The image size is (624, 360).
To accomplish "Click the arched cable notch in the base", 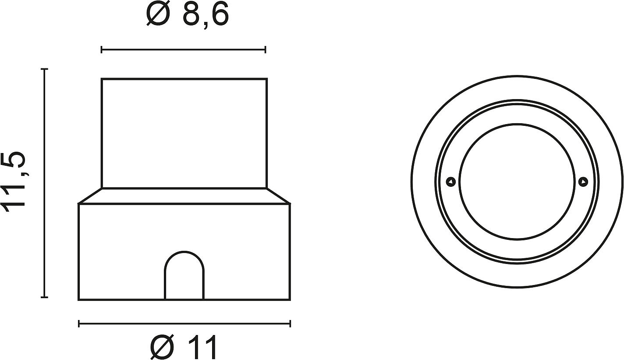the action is click(x=184, y=252).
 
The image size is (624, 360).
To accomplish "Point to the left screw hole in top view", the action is click(x=451, y=182).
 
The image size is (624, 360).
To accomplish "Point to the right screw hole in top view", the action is click(x=583, y=182).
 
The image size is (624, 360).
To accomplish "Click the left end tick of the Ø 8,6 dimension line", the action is click(x=102, y=50).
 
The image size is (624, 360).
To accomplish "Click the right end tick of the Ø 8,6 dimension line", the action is click(x=266, y=50).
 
